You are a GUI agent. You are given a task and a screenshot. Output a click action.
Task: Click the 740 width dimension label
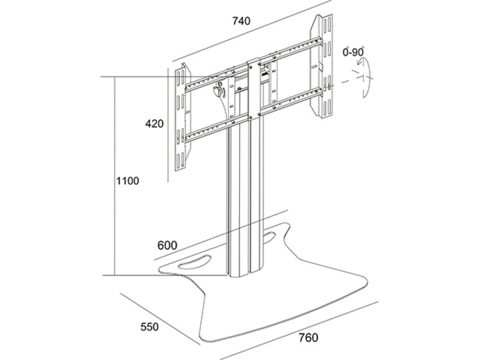[241, 21]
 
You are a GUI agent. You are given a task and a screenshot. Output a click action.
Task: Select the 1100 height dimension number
[127, 181]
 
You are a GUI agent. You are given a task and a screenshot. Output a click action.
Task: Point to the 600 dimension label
[167, 245]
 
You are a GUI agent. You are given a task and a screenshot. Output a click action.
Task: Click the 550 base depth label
[149, 327]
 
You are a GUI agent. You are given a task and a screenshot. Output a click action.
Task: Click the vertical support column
[247, 200]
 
